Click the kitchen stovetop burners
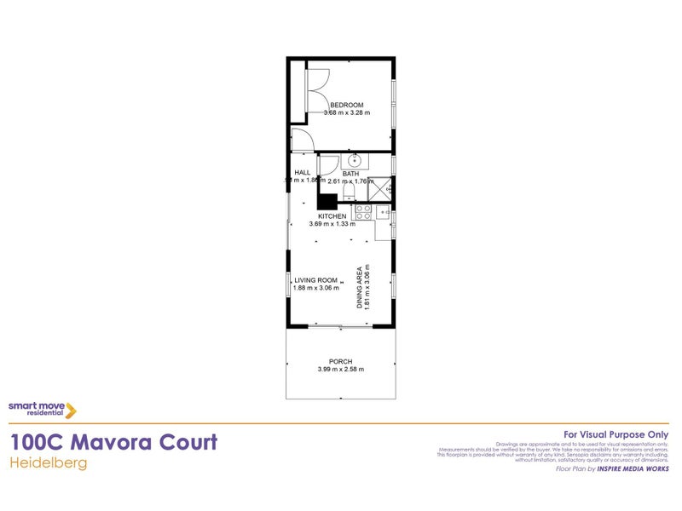(x=363, y=211)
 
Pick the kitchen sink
(x=384, y=211)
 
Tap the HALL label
(x=302, y=172)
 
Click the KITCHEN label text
(x=332, y=216)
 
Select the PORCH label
(x=340, y=361)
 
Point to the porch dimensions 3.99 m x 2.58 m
(x=340, y=370)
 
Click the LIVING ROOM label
(x=316, y=280)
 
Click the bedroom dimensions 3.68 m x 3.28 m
(x=347, y=112)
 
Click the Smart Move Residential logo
(x=43, y=410)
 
